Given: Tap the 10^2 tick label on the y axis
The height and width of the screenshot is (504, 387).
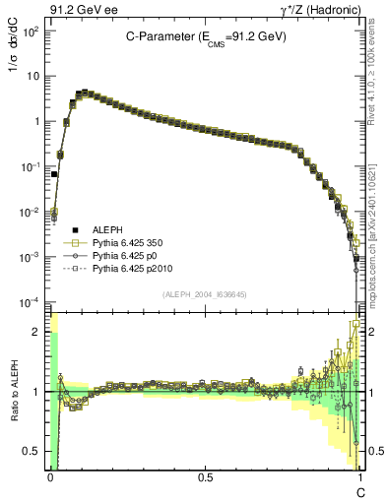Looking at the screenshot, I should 30,31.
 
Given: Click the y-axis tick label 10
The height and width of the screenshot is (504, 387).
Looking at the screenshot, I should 32,77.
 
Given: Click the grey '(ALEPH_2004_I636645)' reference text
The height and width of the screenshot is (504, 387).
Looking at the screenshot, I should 204,293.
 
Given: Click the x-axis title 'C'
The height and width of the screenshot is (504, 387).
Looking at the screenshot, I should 359,491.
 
